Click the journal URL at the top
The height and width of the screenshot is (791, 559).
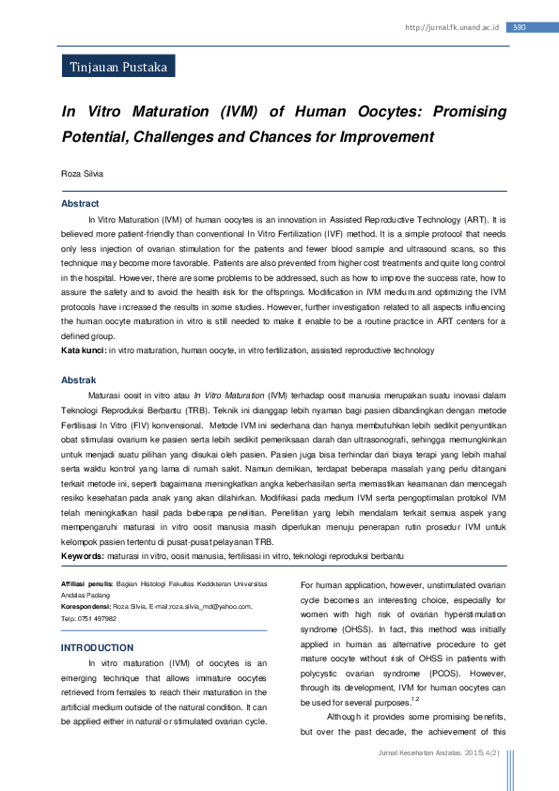[x=452, y=27]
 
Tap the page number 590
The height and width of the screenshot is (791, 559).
[x=519, y=27]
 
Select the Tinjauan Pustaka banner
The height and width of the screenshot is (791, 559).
[x=117, y=68]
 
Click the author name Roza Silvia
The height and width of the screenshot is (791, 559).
[x=83, y=174]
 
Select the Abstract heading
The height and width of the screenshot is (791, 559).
[x=80, y=204]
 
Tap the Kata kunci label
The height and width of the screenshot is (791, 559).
[x=84, y=349]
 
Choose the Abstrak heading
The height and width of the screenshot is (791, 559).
[x=79, y=380]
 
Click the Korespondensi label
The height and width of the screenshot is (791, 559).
[x=85, y=607]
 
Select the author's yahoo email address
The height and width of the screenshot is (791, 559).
[x=210, y=607]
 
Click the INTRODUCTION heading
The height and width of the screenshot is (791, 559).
[x=97, y=648]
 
